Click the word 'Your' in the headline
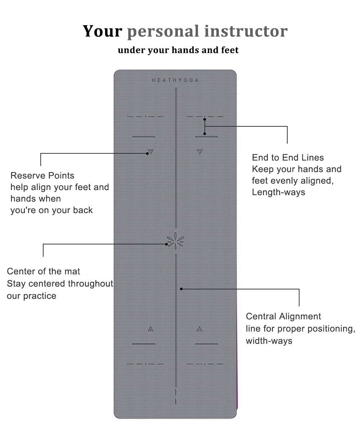point(103,31)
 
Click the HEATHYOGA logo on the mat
point(175,81)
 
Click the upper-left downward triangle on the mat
point(150,152)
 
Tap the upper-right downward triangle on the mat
point(199,152)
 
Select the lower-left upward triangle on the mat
point(150,329)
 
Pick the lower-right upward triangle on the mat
point(199,329)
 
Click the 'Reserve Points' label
point(42,176)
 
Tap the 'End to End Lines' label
point(288,158)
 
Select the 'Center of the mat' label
point(44,271)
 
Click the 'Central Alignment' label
point(283,317)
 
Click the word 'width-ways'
point(269,341)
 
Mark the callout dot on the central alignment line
point(181,289)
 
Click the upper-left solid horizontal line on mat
point(144,137)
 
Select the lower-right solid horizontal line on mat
point(207,344)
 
